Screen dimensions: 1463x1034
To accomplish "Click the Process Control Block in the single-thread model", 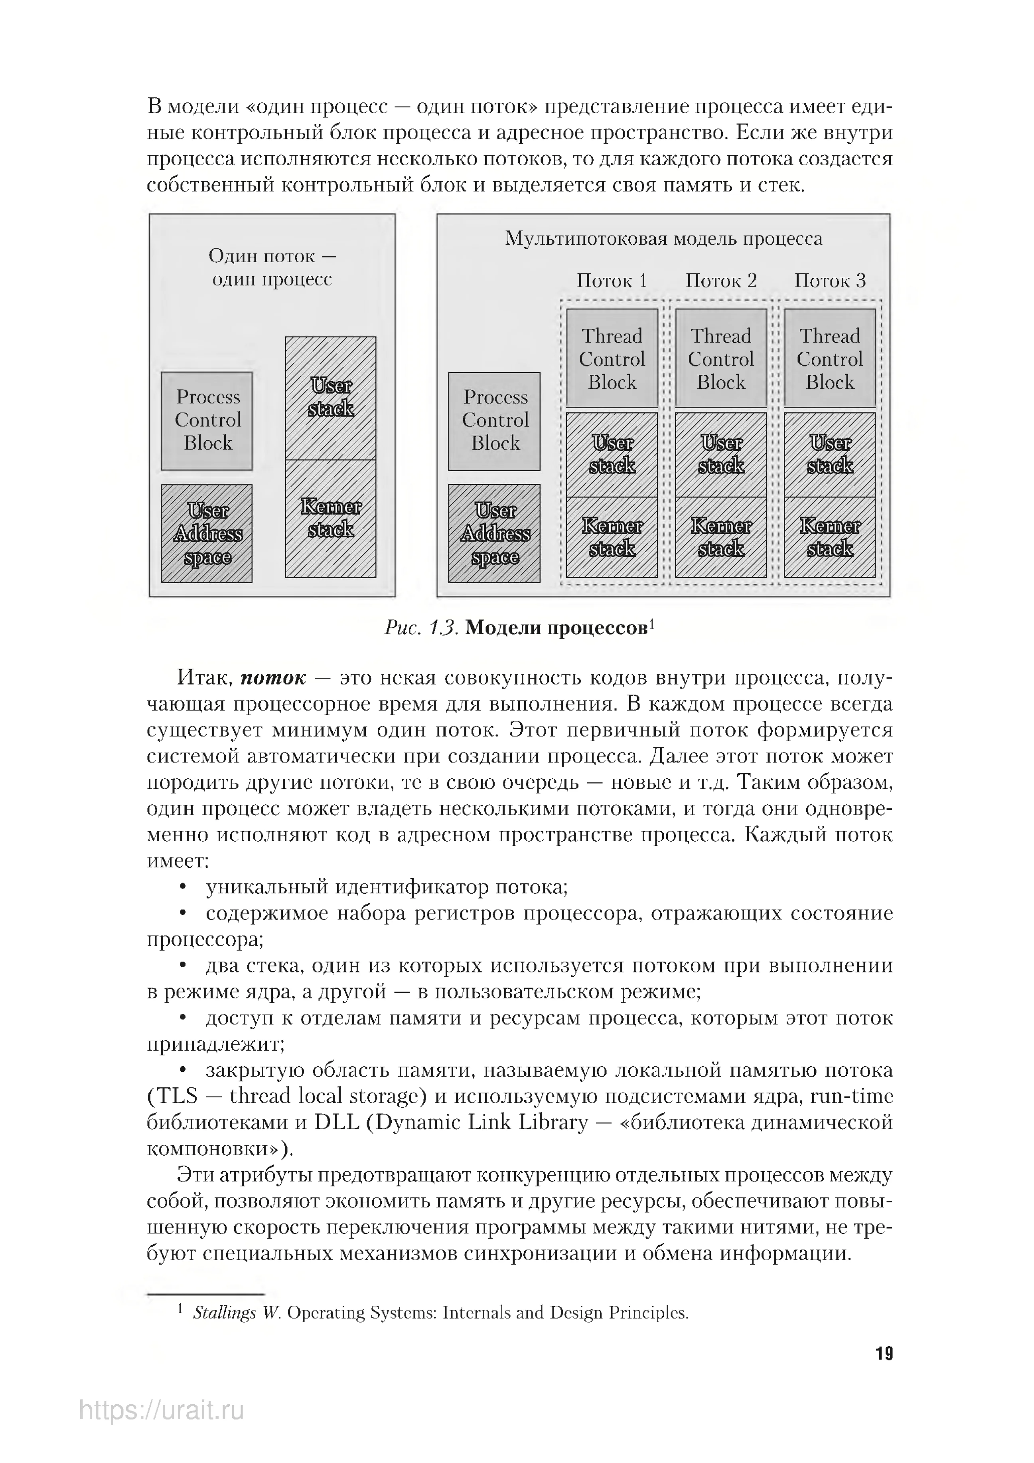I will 207,421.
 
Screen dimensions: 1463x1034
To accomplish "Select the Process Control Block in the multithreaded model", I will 494,421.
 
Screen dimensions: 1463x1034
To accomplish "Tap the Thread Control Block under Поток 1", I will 612,358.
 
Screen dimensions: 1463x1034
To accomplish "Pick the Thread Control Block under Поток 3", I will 830,358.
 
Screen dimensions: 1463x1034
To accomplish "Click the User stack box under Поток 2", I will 721,454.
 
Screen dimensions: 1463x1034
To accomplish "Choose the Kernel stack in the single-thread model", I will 330,518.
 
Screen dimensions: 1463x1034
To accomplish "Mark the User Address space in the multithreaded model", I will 494,533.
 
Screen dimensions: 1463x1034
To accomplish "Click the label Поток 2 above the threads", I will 721,281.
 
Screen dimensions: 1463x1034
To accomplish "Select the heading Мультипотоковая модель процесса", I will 663,239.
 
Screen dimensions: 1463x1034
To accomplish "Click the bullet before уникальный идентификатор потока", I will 184,887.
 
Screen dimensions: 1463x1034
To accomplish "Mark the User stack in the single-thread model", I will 330,398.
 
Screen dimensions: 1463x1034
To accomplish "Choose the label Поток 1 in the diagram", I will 612,281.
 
